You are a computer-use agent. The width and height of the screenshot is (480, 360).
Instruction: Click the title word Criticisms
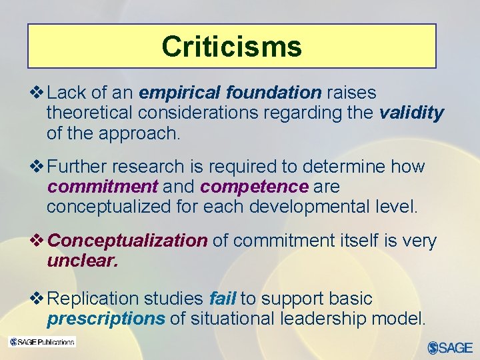tap(231, 46)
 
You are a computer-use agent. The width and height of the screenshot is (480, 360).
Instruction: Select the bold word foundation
tap(274, 93)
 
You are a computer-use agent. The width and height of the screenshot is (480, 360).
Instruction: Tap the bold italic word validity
tap(411, 113)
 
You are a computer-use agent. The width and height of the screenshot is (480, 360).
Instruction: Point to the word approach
tap(139, 133)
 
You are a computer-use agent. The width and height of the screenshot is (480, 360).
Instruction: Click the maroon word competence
tap(254, 186)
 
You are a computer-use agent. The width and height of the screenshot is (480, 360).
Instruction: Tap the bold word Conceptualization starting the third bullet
tap(128, 240)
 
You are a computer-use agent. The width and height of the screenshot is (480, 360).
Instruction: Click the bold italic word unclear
tap(82, 260)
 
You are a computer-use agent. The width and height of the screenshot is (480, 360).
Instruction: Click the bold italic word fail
tap(222, 299)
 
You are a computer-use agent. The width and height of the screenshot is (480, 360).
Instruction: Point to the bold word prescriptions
tap(105, 319)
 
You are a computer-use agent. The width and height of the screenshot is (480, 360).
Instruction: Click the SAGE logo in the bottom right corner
tap(450, 347)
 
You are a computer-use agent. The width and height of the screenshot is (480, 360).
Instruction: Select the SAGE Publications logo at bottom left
tap(41, 342)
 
